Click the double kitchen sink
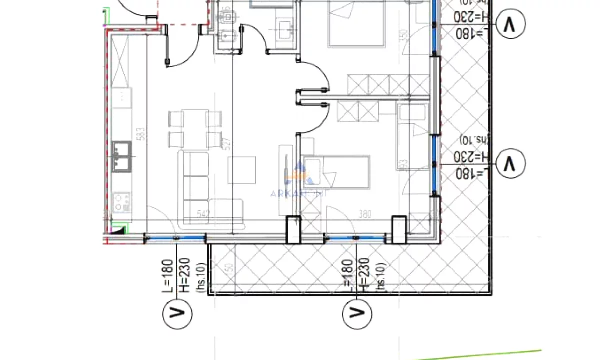122,156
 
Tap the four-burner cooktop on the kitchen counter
122,202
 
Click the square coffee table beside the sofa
242,170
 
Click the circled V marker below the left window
177,313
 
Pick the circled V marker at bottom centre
356,313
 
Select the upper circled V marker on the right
510,24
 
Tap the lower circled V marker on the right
510,163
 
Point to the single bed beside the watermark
337,172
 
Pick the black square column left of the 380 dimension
293,229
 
